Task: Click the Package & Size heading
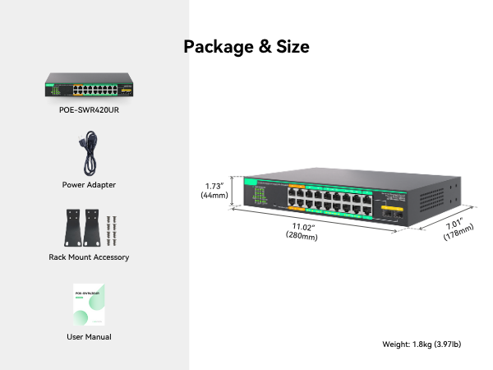point(246,47)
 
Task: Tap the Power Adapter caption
point(89,185)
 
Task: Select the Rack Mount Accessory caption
point(89,257)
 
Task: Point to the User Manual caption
point(89,337)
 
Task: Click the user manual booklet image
point(89,306)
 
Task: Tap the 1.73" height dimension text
point(214,185)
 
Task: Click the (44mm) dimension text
point(214,196)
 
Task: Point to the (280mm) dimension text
point(302,236)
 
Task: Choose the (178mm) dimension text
point(458,234)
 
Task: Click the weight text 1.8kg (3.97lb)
point(422,344)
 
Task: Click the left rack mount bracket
point(71,227)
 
